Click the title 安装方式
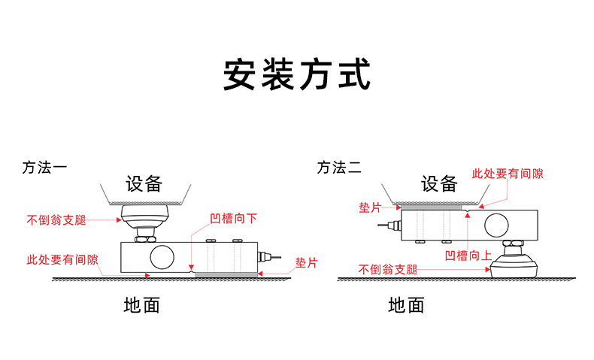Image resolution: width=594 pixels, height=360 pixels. point(297,75)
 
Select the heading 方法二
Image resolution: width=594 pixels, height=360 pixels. point(339,168)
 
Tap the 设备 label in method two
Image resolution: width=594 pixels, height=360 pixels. point(439,183)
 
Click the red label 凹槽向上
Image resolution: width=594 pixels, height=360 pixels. point(468,256)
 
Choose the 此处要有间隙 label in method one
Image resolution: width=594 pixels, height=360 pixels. point(62,259)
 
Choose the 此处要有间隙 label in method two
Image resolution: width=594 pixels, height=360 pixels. point(507,174)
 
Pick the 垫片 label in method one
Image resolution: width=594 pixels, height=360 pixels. point(307,263)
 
